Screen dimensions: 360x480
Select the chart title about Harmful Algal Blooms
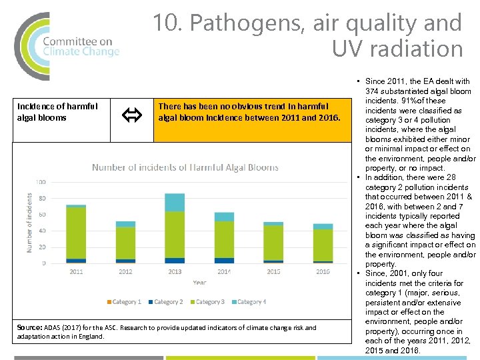pos(185,167)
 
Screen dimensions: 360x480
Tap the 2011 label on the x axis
pos(76,272)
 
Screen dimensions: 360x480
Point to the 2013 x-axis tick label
pos(175,272)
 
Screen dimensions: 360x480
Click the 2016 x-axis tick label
pos(323,272)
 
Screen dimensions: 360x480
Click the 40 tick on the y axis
pos(42,231)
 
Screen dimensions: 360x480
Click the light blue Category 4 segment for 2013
pos(175,202)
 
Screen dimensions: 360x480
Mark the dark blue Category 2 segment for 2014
pos(224,261)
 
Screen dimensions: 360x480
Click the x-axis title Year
pos(199,283)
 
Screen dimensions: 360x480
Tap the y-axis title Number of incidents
pos(30,223)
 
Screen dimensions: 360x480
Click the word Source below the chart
pos(29,328)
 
